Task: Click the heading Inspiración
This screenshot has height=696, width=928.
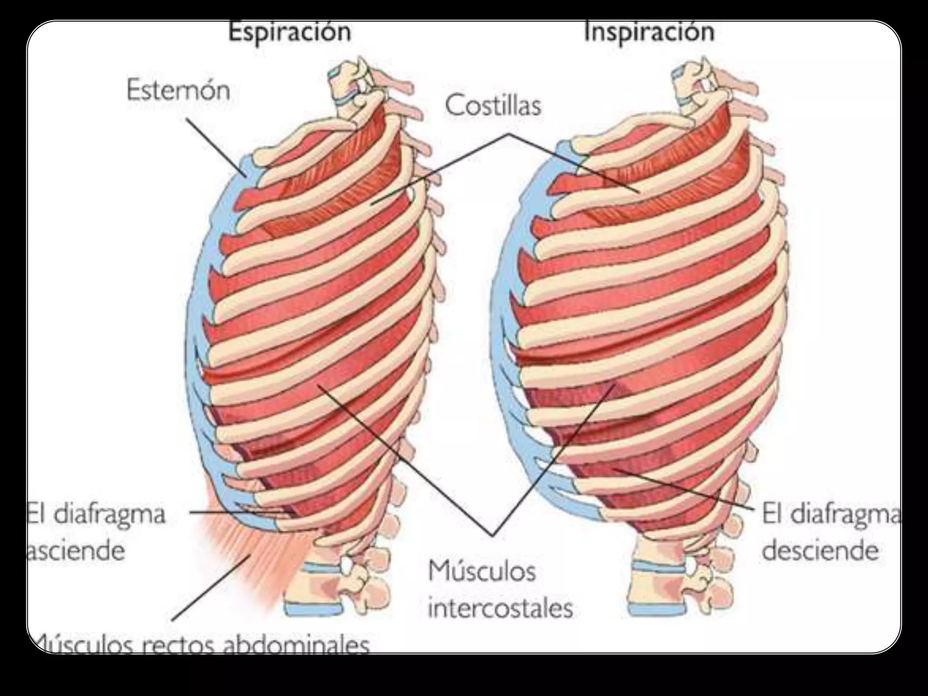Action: click(649, 32)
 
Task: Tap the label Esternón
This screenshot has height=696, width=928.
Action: click(178, 90)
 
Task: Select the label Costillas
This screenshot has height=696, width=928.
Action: click(493, 106)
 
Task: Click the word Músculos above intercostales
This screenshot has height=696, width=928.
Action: click(482, 571)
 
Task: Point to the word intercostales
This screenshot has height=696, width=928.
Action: click(500, 609)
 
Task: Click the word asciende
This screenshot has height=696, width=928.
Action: click(76, 551)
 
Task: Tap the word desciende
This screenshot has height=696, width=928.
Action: click(820, 551)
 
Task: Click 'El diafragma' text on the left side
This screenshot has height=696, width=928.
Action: click(96, 514)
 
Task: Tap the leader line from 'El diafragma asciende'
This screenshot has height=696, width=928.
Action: click(236, 512)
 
